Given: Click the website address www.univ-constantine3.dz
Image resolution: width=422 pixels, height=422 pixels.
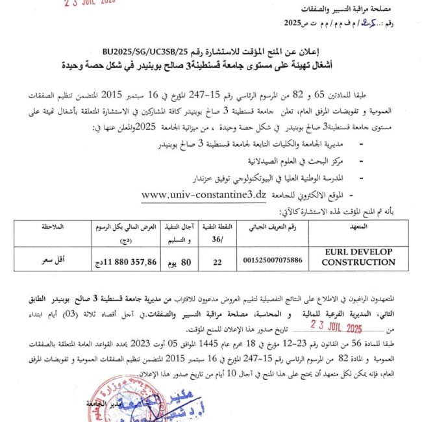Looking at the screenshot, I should click(x=203, y=194).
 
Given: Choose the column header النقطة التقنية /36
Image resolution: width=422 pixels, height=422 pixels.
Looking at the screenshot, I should click(x=217, y=232).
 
